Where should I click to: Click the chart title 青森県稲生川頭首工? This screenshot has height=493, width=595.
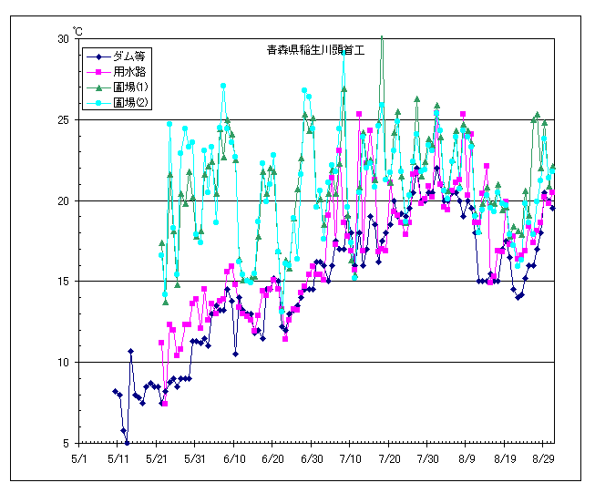(309, 50)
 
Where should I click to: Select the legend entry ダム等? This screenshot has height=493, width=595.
(128, 56)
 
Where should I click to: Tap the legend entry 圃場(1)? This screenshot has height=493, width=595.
(130, 87)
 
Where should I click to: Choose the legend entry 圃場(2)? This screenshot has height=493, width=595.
(130, 102)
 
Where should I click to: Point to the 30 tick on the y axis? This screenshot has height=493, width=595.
(63, 39)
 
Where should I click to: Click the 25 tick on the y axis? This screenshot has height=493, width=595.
(63, 120)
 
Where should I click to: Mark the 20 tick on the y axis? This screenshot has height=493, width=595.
(63, 200)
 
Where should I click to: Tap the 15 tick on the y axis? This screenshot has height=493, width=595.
(63, 282)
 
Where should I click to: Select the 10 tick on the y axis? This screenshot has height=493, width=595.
(63, 363)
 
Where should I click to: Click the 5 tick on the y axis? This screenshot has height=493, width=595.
(66, 443)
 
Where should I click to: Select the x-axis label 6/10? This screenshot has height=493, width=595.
(234, 459)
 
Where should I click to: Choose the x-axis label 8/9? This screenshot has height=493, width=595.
(467, 459)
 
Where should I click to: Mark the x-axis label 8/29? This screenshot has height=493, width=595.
(545, 459)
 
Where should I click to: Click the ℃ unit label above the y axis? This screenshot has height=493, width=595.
(77, 32)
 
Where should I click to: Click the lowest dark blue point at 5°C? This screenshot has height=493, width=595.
(127, 443)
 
